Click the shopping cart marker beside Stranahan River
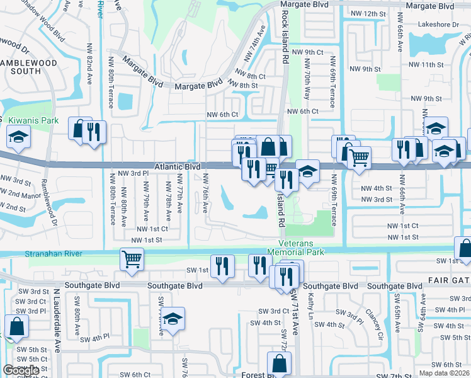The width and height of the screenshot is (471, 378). coord(132,258)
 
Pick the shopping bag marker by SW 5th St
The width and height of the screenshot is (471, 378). coord(16,326)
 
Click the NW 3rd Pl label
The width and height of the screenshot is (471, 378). coord(132,173)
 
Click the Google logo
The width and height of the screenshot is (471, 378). coord(21,370)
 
